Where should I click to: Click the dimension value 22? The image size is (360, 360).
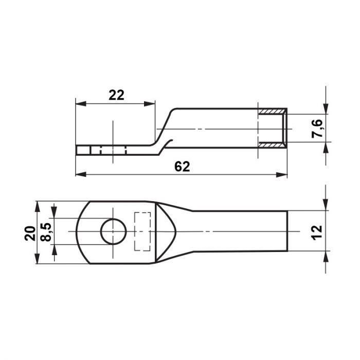tap(116, 95)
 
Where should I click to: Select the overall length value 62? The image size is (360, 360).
tap(182, 167)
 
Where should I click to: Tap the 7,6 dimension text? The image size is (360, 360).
tap(317, 129)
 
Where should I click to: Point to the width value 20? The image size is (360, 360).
tap(30, 233)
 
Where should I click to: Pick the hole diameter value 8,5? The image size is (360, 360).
tap(46, 232)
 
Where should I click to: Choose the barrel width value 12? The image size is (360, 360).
tap(317, 232)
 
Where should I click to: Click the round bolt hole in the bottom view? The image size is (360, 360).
tap(114, 231)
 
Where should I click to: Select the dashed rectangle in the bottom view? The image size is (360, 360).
tap(142, 231)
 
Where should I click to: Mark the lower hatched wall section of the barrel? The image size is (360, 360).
tap(272, 145)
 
